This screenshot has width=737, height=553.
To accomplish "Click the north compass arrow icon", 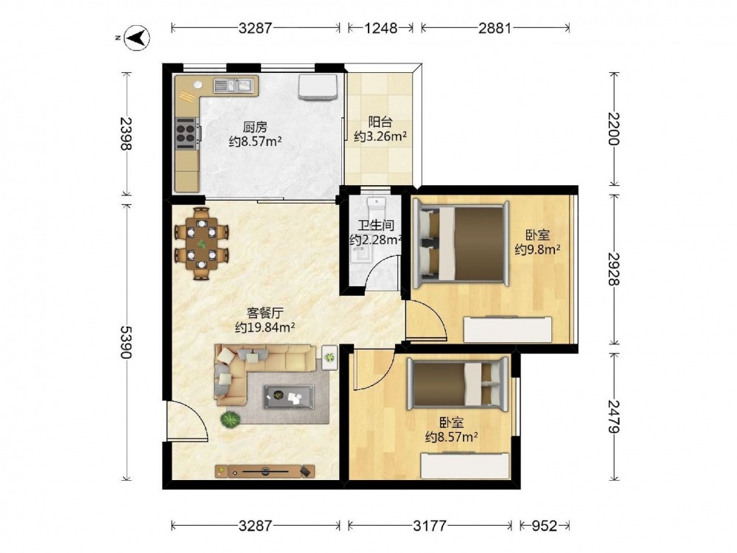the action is click(x=137, y=37).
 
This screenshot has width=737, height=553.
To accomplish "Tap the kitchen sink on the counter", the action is click(x=233, y=85).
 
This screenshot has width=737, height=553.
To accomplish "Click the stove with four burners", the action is click(x=186, y=131).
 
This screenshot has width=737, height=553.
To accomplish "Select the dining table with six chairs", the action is click(x=202, y=243).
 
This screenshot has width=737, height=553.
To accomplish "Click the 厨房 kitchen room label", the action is click(x=255, y=127).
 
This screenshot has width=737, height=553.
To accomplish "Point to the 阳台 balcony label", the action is click(x=380, y=122).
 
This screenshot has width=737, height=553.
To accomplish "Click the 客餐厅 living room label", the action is click(x=265, y=313).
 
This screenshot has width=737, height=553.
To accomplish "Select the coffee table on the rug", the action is click(x=289, y=397).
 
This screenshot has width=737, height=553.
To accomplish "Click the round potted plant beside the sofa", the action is click(x=230, y=419).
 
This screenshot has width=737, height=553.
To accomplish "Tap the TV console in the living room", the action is click(x=265, y=470).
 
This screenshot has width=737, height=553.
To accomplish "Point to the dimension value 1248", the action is click(x=381, y=28).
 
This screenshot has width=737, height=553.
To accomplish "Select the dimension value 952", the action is click(x=544, y=525).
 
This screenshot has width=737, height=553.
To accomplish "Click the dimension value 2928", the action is click(x=614, y=269).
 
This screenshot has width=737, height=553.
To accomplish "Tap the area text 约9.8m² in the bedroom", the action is click(x=537, y=249).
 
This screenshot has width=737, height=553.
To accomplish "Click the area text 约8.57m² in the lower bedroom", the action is click(x=451, y=437).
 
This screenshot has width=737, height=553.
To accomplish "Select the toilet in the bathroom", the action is click(x=376, y=208).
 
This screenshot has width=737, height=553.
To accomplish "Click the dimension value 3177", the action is click(x=429, y=525).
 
